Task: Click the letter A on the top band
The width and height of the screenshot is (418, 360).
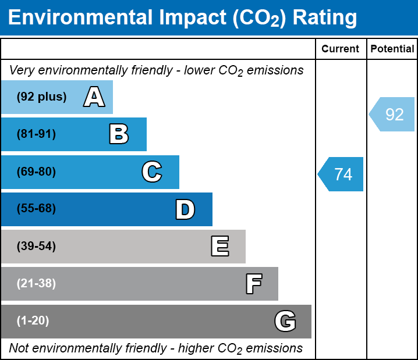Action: [x=94, y=97]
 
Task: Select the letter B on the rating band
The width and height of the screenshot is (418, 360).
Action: [x=119, y=134]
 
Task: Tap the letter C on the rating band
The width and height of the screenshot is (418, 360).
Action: [x=151, y=172]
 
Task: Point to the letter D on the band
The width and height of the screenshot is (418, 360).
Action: [x=185, y=209]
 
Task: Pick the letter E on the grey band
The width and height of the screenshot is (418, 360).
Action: [x=219, y=247]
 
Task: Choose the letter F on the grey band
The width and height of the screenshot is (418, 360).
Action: [x=253, y=284]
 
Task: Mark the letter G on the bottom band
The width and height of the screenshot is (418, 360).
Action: [x=285, y=321]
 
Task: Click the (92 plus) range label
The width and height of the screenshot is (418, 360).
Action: [x=41, y=97]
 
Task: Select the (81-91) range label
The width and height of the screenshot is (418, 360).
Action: [x=36, y=134]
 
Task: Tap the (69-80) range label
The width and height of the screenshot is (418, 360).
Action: [x=36, y=172]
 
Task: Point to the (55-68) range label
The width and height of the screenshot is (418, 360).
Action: [x=36, y=209]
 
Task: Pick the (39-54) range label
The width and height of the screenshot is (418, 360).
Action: [x=36, y=247]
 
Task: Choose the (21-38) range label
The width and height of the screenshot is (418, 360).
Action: [x=36, y=284]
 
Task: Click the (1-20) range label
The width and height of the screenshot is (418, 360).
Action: [x=33, y=321]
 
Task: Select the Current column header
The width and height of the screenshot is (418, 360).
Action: [x=341, y=49]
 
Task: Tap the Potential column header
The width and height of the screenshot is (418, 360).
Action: [x=392, y=49]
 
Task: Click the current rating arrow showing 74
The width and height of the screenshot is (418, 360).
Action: [x=342, y=174]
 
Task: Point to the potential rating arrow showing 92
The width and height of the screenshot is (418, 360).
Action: [x=393, y=114]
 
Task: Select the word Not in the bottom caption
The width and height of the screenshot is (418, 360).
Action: [x=19, y=348]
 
